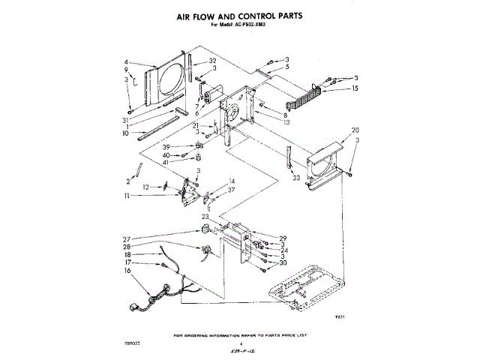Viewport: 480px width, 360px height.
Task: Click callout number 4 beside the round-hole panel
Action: [x=127, y=62]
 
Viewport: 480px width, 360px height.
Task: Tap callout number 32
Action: [x=213, y=61]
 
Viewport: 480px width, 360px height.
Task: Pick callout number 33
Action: [x=296, y=178]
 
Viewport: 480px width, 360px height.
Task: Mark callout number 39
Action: [x=167, y=146]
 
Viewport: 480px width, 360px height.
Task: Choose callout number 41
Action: [x=167, y=162]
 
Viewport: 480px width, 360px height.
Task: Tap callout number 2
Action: [x=128, y=181]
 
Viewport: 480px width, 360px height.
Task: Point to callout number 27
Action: [x=127, y=239]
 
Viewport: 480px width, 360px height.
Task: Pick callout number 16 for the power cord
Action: [x=127, y=271]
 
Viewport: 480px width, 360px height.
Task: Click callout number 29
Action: [x=283, y=238]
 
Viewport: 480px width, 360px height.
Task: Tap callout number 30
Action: [x=283, y=262]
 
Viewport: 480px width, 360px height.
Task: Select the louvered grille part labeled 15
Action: [x=307, y=97]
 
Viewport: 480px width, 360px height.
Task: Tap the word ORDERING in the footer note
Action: [x=218, y=335]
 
